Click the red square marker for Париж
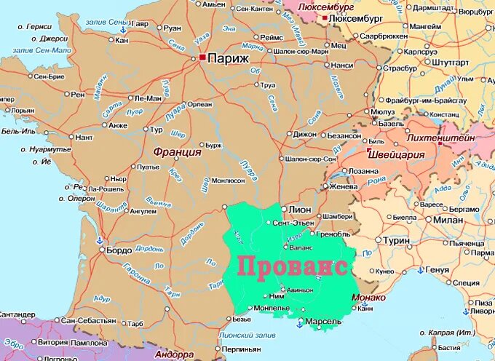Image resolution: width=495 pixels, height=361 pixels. pos(202,57)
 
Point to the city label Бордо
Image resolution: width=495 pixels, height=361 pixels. pos(119,250)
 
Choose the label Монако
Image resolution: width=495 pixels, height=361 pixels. pos(368,297)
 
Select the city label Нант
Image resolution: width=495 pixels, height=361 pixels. pos(84,137)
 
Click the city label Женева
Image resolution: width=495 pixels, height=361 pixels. pos(341,186)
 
